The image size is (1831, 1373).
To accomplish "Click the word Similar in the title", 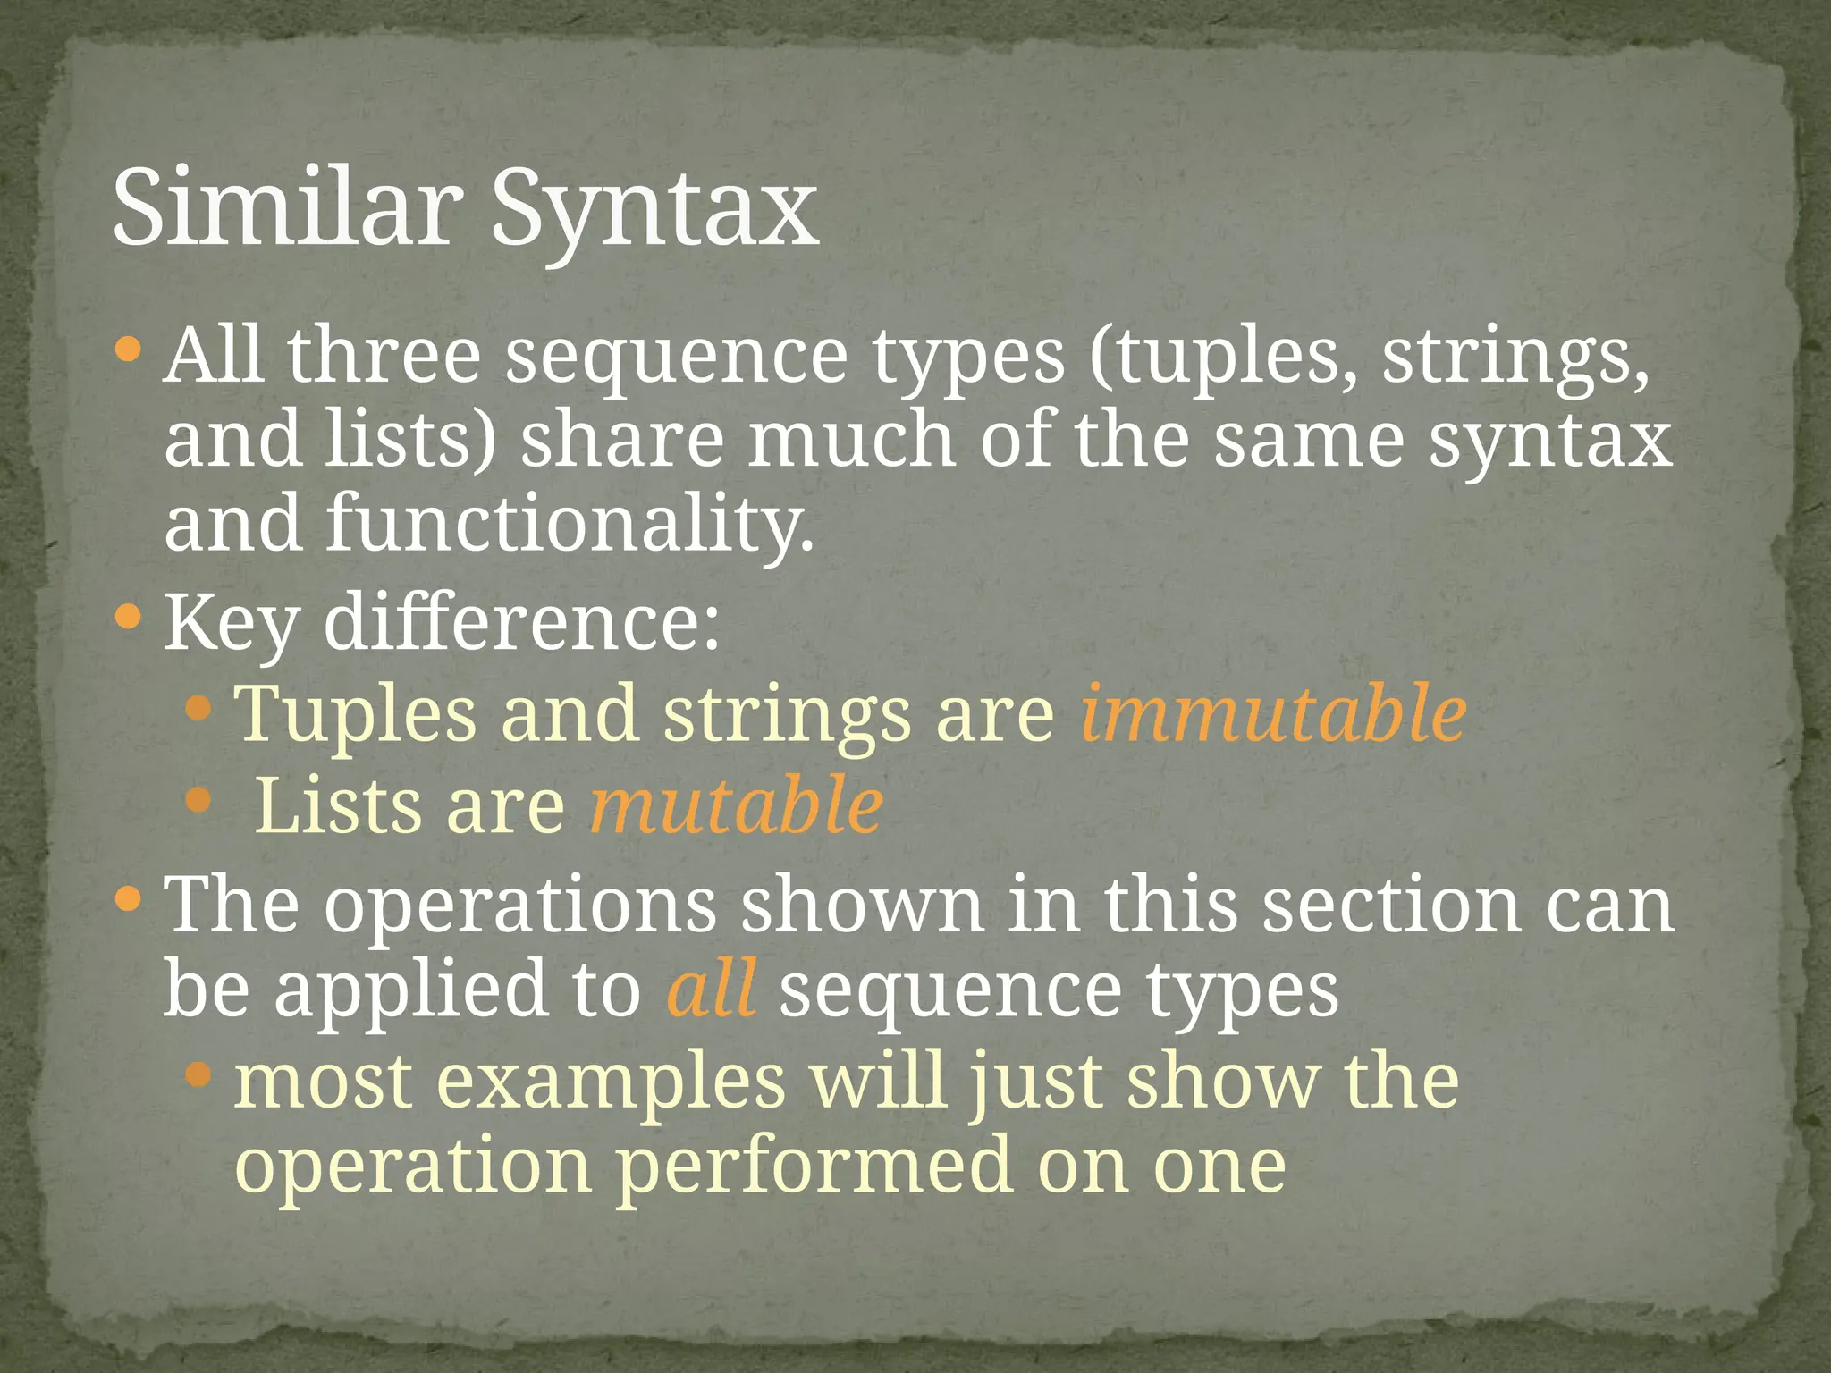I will click(286, 207).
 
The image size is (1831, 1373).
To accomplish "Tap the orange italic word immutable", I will click(1273, 712).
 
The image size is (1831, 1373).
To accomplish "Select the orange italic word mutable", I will click(736, 804).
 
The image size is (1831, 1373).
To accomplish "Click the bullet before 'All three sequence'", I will click(129, 348).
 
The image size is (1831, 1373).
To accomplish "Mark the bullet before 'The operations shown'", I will click(129, 897).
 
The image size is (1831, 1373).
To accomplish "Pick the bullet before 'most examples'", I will click(198, 1074).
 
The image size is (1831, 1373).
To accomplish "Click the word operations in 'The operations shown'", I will click(519, 906).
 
